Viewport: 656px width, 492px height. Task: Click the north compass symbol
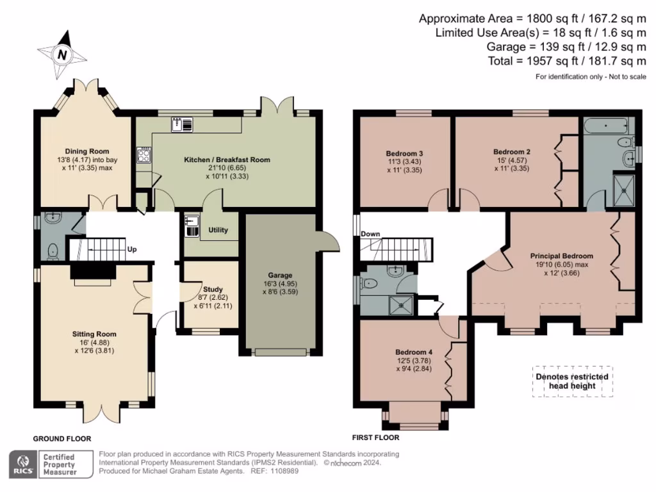coord(62,54)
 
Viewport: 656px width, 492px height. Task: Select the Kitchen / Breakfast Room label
coord(227,160)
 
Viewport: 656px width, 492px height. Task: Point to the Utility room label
coord(218,230)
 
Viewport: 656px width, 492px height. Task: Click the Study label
coord(213,289)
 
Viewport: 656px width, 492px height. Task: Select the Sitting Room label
coord(94,334)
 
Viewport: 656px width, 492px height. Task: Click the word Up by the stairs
coord(133,249)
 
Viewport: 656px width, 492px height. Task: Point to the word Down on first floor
coord(370,234)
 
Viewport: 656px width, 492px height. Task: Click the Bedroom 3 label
coord(404,153)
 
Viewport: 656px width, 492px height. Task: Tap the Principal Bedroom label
coord(561,256)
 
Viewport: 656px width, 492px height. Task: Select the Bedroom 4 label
coord(413,352)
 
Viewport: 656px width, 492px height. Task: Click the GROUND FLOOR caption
coord(61,439)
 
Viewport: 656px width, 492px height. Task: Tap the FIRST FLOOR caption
coord(375,438)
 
